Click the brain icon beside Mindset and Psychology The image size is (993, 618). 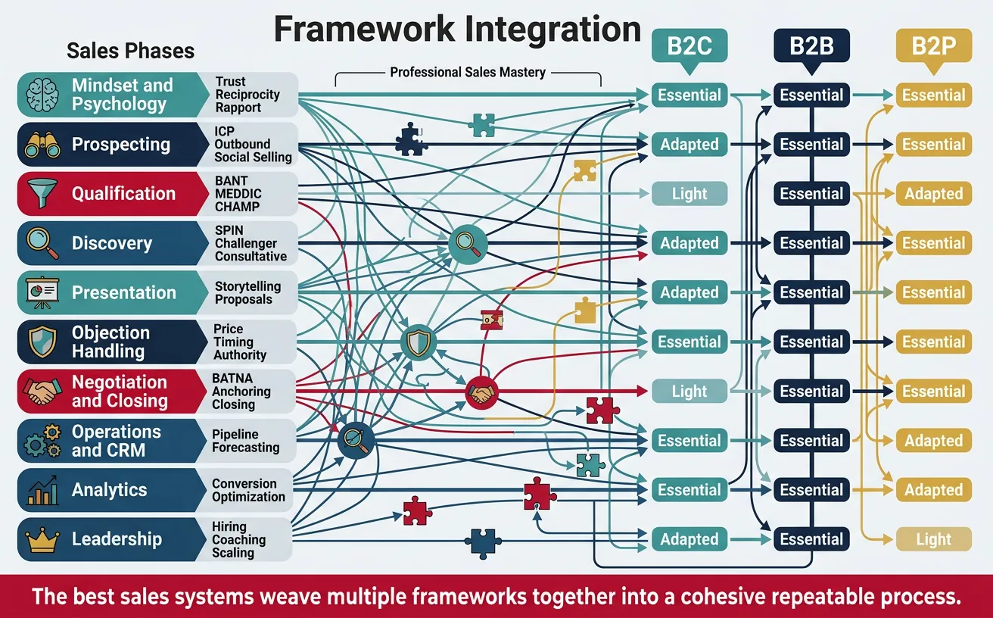click(42, 95)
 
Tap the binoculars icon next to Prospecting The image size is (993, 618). click(42, 145)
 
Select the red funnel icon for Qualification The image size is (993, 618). click(42, 194)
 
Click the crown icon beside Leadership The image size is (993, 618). click(42, 539)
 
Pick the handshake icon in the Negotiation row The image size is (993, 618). click(42, 392)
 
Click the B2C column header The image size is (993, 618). click(689, 45)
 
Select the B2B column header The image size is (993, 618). click(811, 45)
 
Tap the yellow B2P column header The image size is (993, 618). click(933, 45)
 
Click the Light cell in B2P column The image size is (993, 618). click(933, 539)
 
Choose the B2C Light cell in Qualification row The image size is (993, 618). click(689, 194)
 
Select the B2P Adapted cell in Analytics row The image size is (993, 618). click(933, 490)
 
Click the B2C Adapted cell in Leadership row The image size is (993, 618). click(689, 539)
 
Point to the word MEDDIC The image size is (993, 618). click(238, 194)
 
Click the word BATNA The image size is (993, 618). click(232, 378)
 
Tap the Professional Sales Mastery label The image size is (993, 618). click(467, 73)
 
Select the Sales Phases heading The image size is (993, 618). click(130, 51)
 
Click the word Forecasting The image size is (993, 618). click(245, 448)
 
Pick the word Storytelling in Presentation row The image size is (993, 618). click(247, 286)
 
